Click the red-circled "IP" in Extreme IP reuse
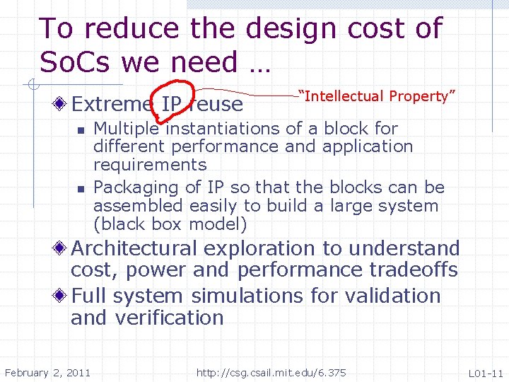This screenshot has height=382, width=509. (x=171, y=105)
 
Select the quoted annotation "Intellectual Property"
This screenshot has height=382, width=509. (x=378, y=96)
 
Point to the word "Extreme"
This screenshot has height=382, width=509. (x=112, y=105)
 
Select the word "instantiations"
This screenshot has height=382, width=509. (x=221, y=129)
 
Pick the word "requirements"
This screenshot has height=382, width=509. (x=150, y=166)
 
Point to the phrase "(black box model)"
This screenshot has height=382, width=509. (x=170, y=225)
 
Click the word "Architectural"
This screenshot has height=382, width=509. (x=134, y=248)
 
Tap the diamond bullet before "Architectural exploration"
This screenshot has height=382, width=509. (x=62, y=248)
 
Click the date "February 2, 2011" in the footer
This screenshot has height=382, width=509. (x=47, y=373)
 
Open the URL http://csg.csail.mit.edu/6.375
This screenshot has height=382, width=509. (x=271, y=373)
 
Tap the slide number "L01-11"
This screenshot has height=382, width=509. (x=486, y=373)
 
